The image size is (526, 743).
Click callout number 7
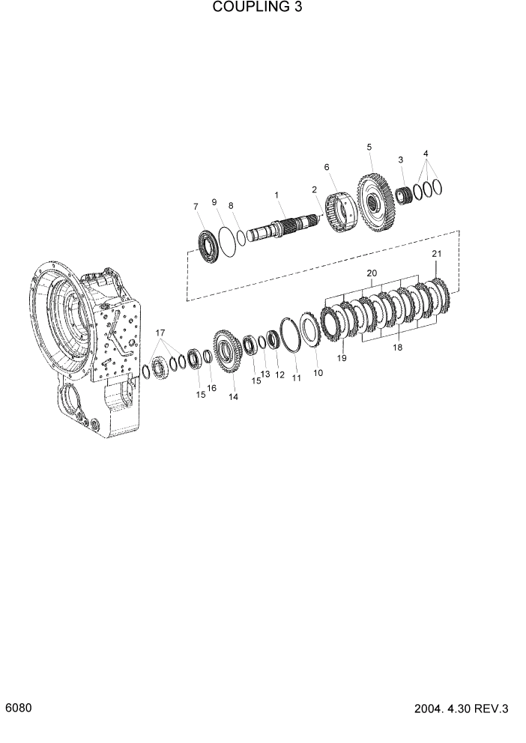tap(196, 207)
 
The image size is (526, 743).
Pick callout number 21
tap(437, 254)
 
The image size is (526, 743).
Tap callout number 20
tap(371, 273)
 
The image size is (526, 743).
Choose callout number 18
tap(397, 348)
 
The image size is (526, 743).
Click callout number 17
tap(160, 333)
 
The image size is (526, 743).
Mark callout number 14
tap(234, 397)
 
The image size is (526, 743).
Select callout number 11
tap(297, 378)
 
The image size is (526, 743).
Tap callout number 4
tap(426, 154)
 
